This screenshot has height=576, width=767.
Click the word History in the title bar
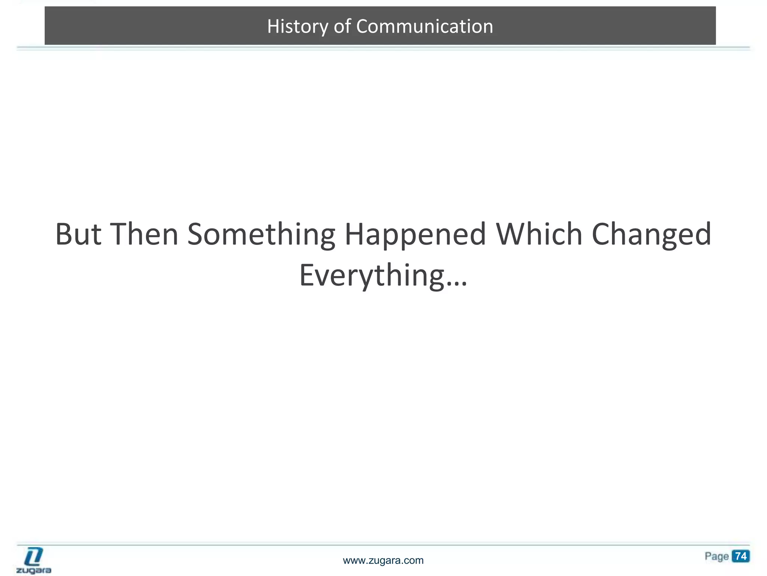click(297, 27)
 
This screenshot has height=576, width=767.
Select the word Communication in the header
click(424, 27)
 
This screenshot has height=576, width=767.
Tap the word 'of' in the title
click(342, 27)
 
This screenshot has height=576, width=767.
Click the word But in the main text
click(78, 234)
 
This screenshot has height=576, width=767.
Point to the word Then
click(144, 234)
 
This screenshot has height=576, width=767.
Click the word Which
click(539, 234)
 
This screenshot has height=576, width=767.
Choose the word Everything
click(371, 276)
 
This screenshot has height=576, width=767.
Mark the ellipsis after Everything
click(457, 283)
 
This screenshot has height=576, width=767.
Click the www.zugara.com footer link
click(383, 561)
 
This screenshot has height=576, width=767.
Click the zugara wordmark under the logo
click(34, 570)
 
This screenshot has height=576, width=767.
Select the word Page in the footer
click(716, 556)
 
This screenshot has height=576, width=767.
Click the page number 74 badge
click(741, 556)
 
